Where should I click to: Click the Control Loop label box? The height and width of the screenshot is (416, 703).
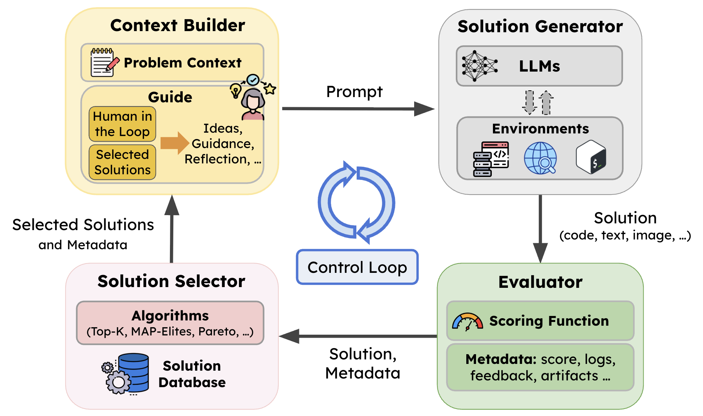pyautogui.click(x=357, y=267)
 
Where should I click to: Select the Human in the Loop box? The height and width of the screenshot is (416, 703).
pyautogui.click(x=122, y=124)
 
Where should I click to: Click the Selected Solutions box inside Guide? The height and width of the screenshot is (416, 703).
pyautogui.click(x=122, y=162)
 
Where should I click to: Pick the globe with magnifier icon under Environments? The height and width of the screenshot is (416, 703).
pyautogui.click(x=541, y=158)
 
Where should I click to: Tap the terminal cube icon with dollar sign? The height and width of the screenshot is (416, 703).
pyautogui.click(x=591, y=157)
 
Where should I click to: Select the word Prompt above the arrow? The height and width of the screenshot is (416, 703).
pyautogui.click(x=355, y=92)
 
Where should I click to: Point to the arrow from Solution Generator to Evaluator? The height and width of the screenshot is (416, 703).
pyautogui.click(x=540, y=229)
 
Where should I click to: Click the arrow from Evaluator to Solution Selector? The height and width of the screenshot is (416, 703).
pyautogui.click(x=358, y=336)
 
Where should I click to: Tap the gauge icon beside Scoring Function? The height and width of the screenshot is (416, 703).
pyautogui.click(x=467, y=322)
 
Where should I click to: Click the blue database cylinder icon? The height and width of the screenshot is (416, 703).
pyautogui.click(x=134, y=373)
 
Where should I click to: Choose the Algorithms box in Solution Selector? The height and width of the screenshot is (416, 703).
pyautogui.click(x=170, y=323)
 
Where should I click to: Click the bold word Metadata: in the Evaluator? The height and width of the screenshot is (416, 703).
pyautogui.click(x=501, y=359)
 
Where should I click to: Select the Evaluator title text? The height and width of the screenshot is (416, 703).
pyautogui.click(x=540, y=282)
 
